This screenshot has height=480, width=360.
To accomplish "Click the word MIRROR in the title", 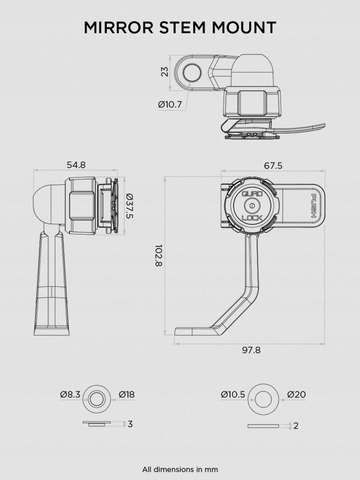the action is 118,27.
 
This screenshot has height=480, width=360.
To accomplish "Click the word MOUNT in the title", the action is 244,27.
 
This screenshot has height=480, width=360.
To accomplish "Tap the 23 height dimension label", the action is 165,72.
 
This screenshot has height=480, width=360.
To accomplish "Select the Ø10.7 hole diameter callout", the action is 170,105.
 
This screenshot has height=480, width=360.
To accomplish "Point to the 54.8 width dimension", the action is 76,165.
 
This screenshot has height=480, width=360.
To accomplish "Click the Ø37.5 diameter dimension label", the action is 129,206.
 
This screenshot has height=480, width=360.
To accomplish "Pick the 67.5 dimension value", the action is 273,166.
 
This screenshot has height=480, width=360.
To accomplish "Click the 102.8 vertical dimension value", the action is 159,255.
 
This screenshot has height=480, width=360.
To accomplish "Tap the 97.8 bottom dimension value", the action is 251,350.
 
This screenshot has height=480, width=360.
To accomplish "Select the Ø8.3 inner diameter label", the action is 70,395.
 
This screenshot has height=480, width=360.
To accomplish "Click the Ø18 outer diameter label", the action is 126,395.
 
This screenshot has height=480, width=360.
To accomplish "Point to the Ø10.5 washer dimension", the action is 233,395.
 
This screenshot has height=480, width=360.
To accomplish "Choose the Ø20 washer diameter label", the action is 296,395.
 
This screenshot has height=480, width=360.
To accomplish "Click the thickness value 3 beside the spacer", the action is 130,424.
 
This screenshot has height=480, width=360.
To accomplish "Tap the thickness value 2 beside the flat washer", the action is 296,426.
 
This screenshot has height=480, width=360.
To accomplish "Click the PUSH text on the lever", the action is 314,206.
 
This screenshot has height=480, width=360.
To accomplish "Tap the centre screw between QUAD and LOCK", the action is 252,206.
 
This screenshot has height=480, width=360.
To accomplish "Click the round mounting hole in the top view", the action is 192,73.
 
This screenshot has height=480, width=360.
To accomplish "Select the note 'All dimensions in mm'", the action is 180,469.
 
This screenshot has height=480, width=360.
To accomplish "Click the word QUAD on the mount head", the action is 252,194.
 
